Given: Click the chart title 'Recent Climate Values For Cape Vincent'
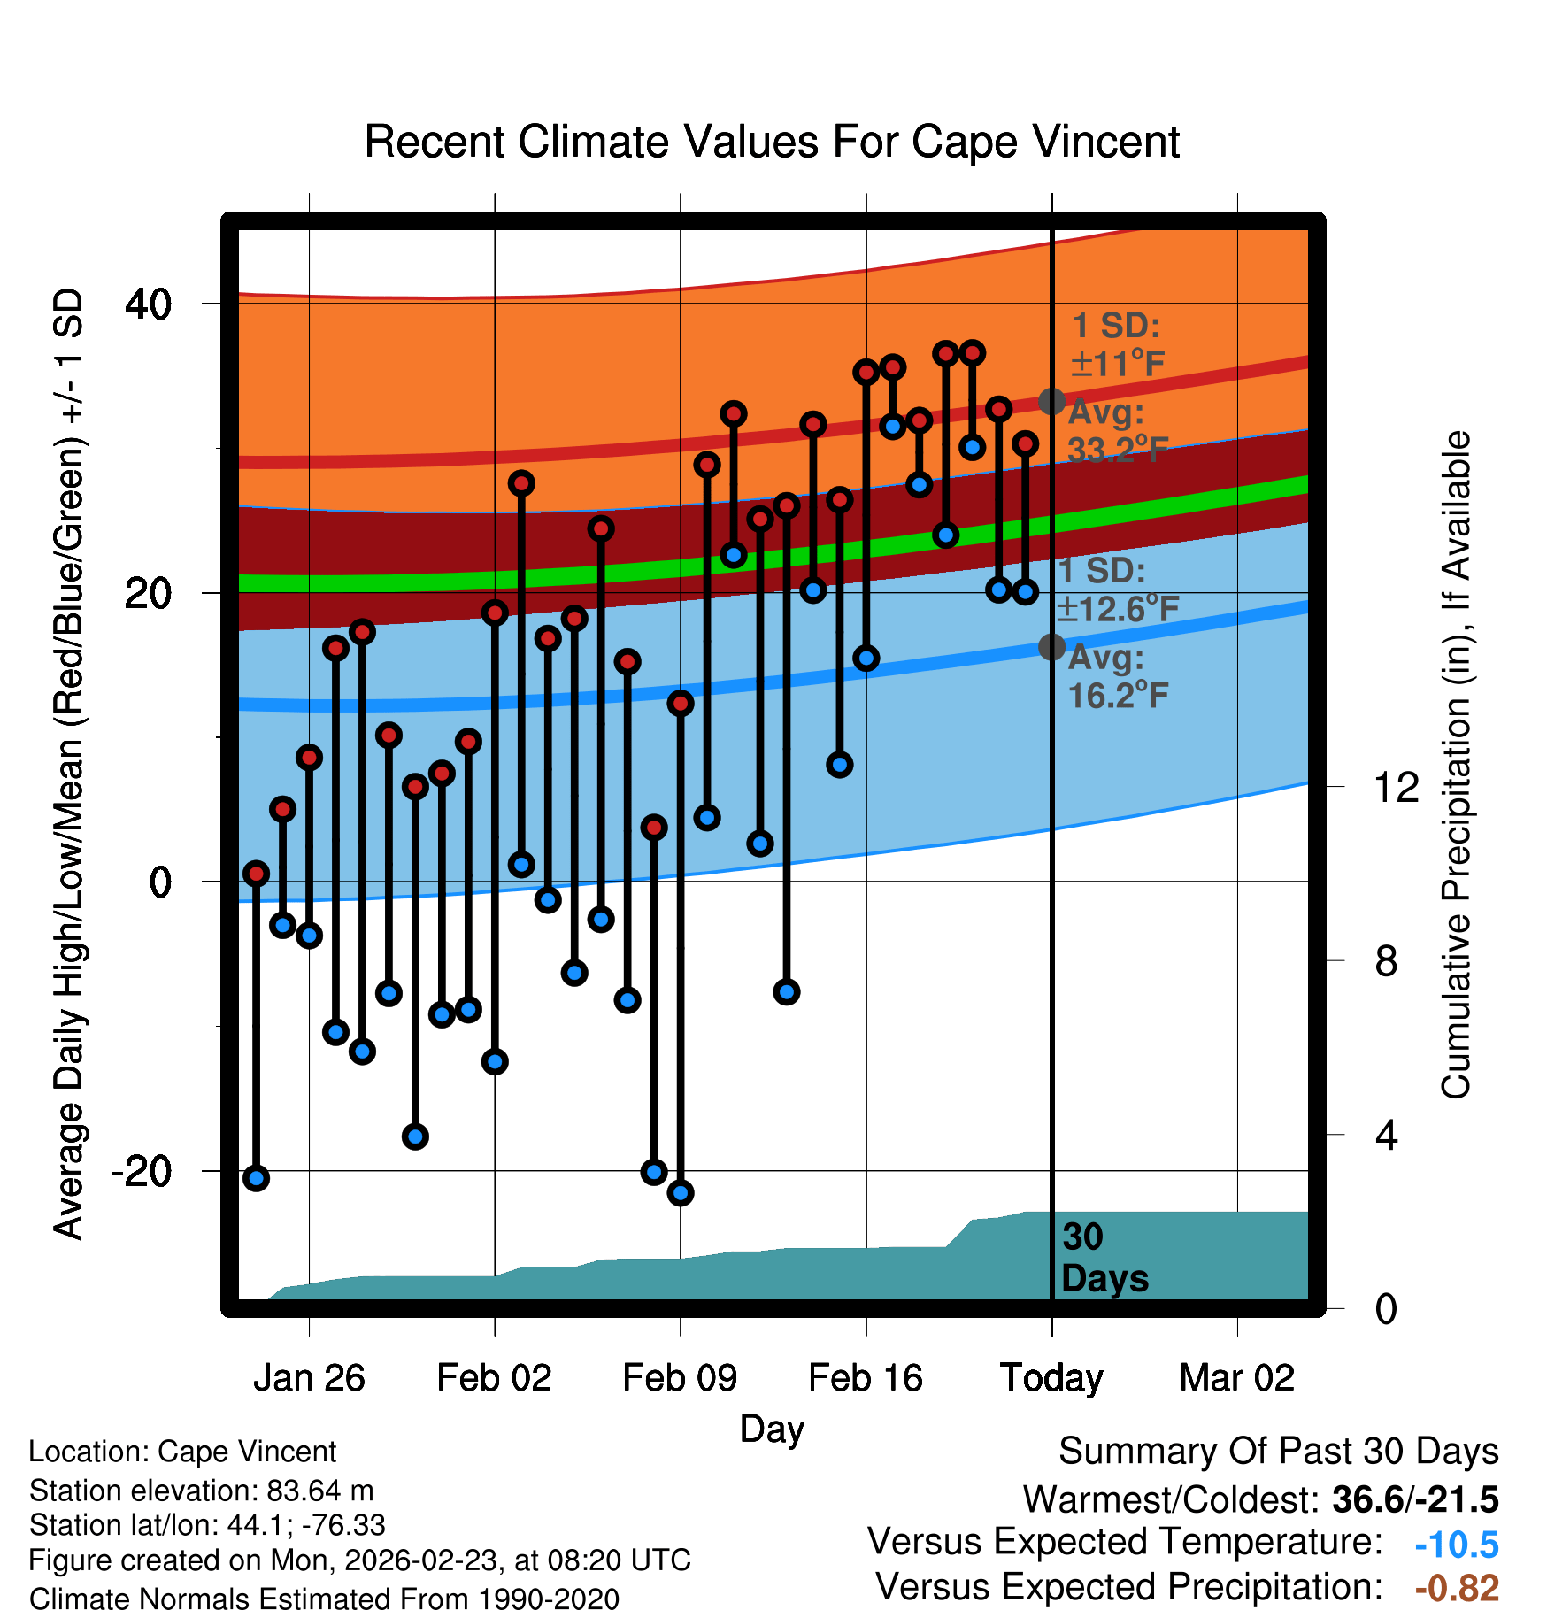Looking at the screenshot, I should (x=772, y=143).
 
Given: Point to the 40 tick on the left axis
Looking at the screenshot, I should (x=148, y=304).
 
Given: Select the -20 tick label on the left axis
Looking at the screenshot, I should (x=141, y=1171).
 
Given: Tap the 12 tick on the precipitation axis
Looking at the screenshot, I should (x=1396, y=787).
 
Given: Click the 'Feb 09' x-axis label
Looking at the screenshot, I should (x=680, y=1378).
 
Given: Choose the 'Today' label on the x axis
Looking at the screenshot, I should (x=1051, y=1378).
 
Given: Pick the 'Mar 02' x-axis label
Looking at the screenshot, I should (x=1236, y=1378).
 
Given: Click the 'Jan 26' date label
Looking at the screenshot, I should (x=309, y=1378).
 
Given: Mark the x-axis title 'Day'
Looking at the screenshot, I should (x=772, y=1429).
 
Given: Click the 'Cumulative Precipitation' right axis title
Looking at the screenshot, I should (x=1456, y=765).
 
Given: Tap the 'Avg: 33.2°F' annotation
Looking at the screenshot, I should (x=1117, y=431).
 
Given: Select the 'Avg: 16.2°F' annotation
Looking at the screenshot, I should (x=1117, y=677).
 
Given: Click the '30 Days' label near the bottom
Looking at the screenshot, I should (x=1104, y=1258).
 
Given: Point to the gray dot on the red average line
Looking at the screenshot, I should (x=1051, y=402).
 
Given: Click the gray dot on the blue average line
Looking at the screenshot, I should (x=1051, y=647).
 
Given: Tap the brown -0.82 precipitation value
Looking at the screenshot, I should (x=1456, y=1588).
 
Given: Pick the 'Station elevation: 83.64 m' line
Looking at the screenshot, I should (x=202, y=1491).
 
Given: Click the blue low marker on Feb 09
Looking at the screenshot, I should (x=681, y=1193).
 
